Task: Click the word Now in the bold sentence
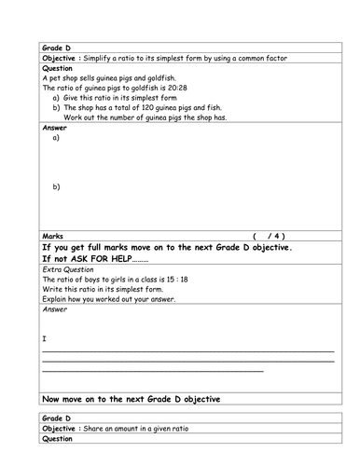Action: click(x=53, y=400)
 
